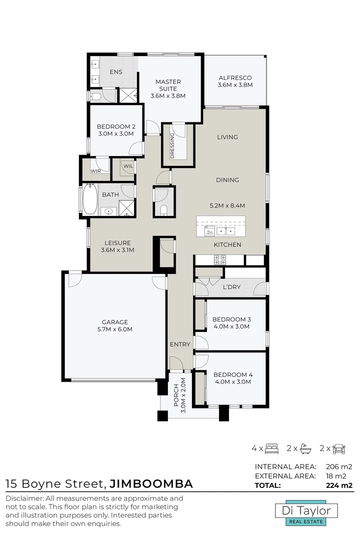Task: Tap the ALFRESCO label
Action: [x=235, y=81]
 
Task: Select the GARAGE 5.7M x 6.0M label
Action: [x=115, y=325]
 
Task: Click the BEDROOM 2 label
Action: [x=116, y=130]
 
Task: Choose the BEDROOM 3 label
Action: [x=231, y=322]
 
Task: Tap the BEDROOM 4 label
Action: [x=231, y=378]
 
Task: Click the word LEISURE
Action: [x=118, y=243]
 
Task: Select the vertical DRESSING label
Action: [x=172, y=145]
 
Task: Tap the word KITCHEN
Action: [x=227, y=245]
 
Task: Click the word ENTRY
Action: [x=180, y=344]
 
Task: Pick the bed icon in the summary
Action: [x=271, y=448]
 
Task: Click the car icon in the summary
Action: [x=339, y=448]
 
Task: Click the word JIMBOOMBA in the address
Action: [x=151, y=483]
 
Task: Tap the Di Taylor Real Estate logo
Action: [x=307, y=513]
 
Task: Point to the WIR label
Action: [x=95, y=171]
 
